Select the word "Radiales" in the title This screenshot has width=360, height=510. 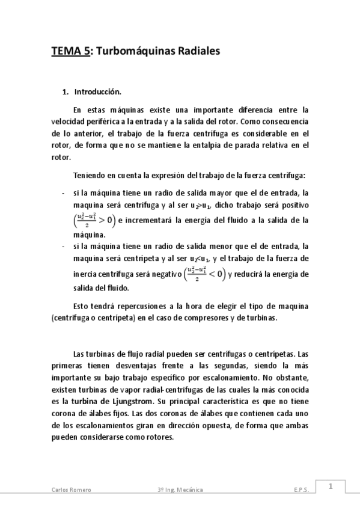point(195,52)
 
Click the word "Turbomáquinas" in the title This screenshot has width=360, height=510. point(132,52)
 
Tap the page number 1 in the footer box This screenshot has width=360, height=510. point(330,487)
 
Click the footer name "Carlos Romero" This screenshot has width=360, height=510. point(70,490)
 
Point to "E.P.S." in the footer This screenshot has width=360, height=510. point(301,490)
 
